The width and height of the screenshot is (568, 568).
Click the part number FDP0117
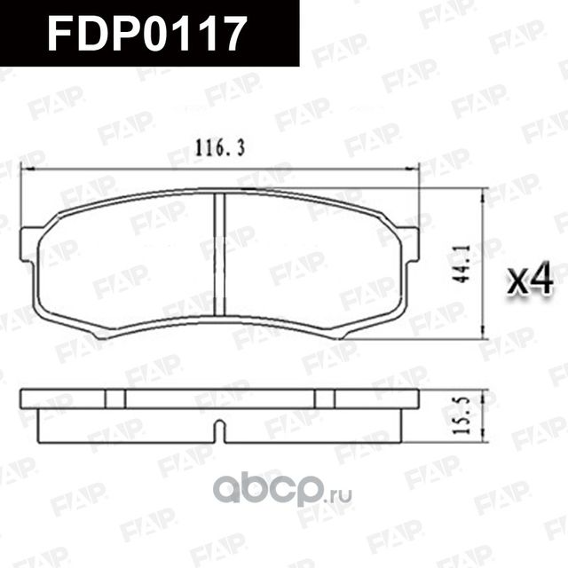146,34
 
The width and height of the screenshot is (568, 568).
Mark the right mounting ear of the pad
409,244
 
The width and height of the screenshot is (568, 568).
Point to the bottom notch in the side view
219,433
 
